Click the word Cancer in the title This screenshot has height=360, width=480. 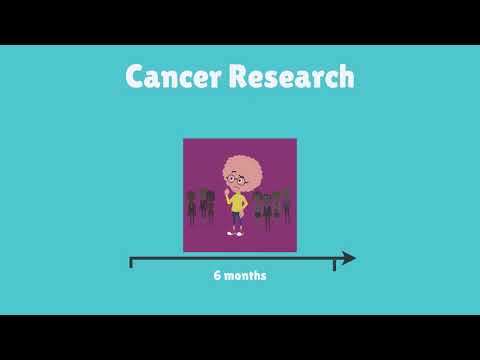click(x=173, y=77)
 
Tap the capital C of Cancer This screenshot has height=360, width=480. click(x=136, y=77)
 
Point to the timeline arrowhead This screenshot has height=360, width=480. click(x=348, y=258)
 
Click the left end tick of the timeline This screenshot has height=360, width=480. click(x=131, y=262)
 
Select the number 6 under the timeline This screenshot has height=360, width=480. click(x=217, y=276)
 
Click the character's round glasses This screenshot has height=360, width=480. click(x=236, y=181)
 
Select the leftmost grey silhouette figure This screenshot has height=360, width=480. click(x=190, y=206)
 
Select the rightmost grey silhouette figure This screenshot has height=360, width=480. click(x=287, y=204)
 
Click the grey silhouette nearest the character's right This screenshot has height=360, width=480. click(x=257, y=207)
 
